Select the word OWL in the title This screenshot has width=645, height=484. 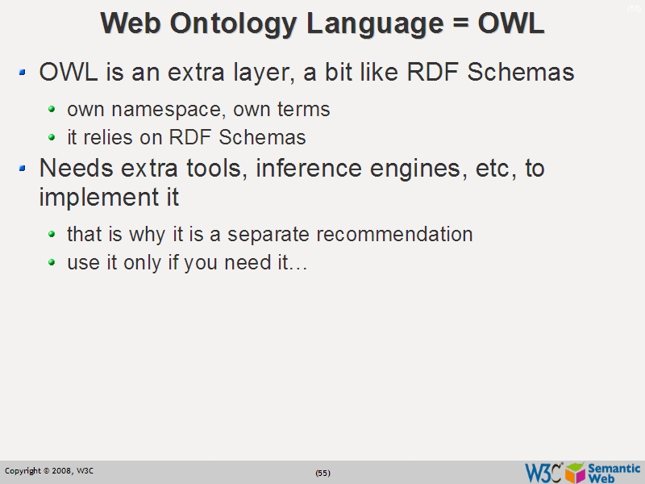click(x=510, y=23)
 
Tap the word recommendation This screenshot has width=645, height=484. click(x=394, y=235)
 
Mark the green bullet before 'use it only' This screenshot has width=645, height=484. click(x=52, y=263)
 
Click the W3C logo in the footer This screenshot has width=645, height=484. click(x=543, y=472)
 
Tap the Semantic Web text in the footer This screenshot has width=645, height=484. click(x=614, y=472)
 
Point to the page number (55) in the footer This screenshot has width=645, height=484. click(x=322, y=473)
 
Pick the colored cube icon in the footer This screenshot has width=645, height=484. click(x=575, y=472)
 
